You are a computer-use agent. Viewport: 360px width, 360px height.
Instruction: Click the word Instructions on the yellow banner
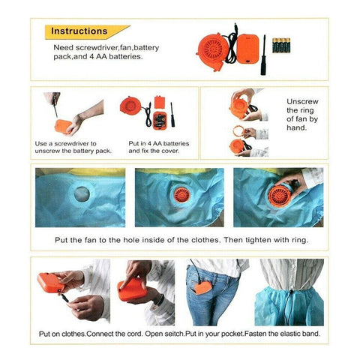click(79, 31)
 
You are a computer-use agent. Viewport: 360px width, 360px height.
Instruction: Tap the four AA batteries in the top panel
click(281, 45)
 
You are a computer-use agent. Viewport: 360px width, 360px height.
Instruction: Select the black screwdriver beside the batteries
click(263, 55)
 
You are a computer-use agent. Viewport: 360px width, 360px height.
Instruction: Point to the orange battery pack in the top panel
click(247, 49)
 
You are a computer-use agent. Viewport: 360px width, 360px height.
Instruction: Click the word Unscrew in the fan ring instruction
click(302, 101)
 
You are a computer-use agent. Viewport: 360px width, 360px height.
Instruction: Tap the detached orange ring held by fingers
click(238, 131)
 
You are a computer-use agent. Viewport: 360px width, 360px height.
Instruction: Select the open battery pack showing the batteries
click(159, 121)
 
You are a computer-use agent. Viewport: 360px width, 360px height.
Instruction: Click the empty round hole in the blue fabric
click(82, 194)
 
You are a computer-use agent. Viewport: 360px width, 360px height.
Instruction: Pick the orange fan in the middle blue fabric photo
click(181, 195)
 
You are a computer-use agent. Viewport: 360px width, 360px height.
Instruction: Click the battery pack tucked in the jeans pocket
click(203, 288)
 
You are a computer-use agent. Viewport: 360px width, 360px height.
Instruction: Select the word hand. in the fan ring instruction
click(296, 127)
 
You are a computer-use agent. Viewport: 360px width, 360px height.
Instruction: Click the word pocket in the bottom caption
click(232, 334)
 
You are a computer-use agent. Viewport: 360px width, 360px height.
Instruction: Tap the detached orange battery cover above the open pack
click(159, 102)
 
